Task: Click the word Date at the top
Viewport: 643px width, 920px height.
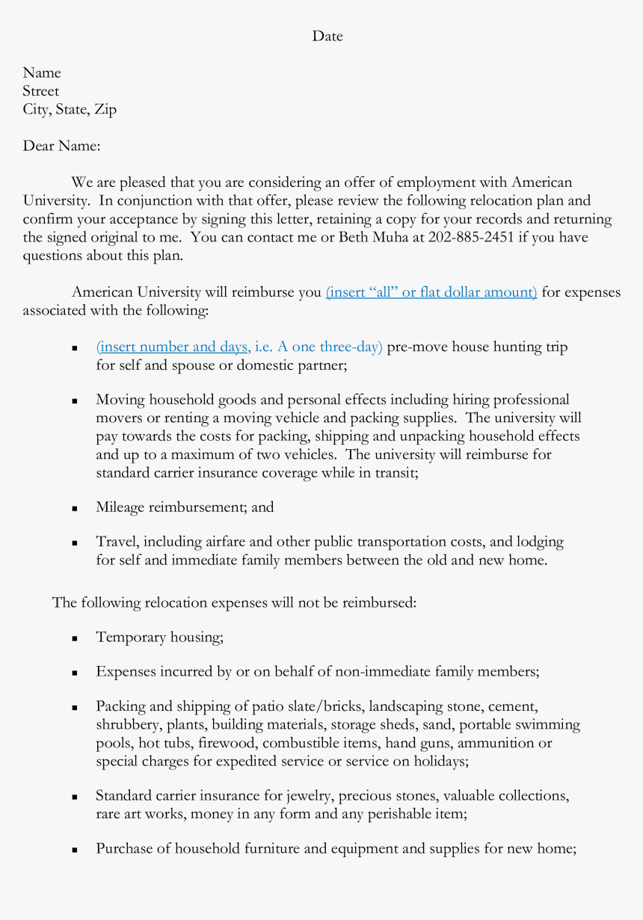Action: (x=327, y=36)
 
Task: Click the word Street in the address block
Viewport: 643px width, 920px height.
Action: (x=40, y=91)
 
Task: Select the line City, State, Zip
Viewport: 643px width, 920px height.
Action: (x=70, y=110)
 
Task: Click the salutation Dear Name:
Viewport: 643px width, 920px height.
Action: (x=61, y=146)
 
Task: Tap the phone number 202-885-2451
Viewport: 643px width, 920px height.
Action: (x=470, y=238)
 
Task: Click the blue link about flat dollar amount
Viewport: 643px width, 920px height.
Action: (x=431, y=292)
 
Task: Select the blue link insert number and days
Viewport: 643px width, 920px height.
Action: (x=173, y=347)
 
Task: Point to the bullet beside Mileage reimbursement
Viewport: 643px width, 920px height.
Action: (x=76, y=508)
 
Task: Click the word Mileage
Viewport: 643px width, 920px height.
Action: (x=120, y=507)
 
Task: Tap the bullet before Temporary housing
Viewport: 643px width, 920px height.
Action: (x=76, y=638)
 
